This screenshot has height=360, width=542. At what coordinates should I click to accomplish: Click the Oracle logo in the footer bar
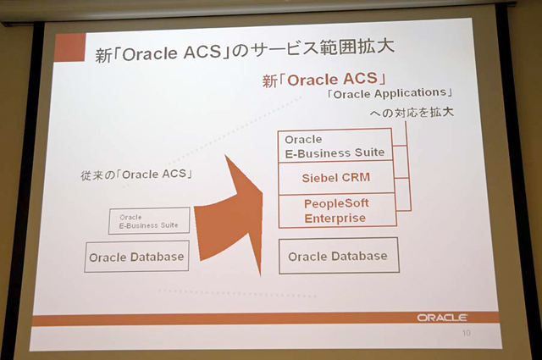coord(442,317)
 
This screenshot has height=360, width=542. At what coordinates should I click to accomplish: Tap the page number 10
coord(467,333)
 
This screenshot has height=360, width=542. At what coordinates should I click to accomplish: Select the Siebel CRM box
coord(336,178)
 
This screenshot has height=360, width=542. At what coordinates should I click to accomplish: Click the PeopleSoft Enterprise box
coord(337,211)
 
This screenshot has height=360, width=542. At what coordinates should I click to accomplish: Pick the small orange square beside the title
coord(69,47)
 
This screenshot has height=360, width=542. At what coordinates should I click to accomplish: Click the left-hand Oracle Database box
coord(137,257)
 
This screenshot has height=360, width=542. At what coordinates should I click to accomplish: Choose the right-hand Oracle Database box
coord(339,256)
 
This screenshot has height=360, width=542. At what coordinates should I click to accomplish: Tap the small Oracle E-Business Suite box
coord(149,221)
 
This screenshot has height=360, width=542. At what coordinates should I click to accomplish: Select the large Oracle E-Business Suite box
coord(335,145)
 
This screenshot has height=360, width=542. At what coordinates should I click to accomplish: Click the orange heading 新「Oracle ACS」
coord(324,80)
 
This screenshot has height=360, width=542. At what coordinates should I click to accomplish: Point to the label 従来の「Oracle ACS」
coord(136,174)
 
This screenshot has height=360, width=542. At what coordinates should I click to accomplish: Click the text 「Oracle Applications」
coord(390,93)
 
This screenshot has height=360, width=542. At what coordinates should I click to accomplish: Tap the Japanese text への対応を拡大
coord(412,113)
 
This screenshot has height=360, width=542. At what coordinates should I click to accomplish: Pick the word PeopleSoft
coord(336,203)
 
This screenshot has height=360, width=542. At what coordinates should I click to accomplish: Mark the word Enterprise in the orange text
coord(335,219)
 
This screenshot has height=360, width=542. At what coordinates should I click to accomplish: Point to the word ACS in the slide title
coord(202,53)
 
